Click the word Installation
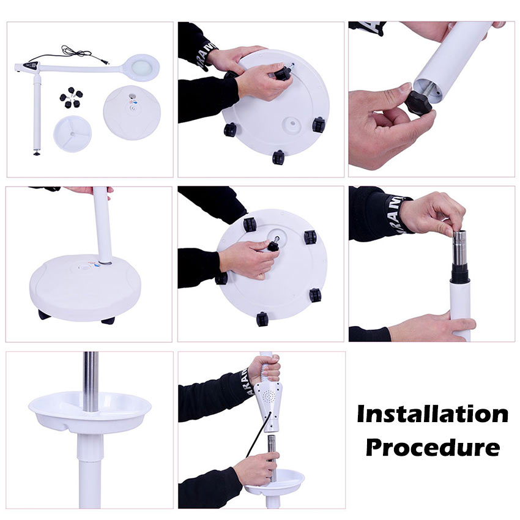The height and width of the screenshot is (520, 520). click(x=433, y=414)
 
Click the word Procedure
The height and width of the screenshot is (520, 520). click(x=433, y=448)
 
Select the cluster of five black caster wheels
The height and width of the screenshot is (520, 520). click(x=71, y=97)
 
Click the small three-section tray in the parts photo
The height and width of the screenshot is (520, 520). click(x=72, y=133)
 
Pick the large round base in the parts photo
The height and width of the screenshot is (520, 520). click(x=132, y=112)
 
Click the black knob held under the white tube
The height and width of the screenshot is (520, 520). click(x=418, y=102)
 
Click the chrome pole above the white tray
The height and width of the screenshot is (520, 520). click(x=91, y=381)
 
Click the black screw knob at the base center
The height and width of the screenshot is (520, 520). click(x=273, y=245)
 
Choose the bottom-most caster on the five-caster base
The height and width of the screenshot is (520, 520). click(x=262, y=319)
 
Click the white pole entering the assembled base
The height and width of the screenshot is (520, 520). click(x=103, y=226)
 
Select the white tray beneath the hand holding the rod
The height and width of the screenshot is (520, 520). click(x=275, y=481)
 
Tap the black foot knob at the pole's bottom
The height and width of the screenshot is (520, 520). click(x=37, y=153)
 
